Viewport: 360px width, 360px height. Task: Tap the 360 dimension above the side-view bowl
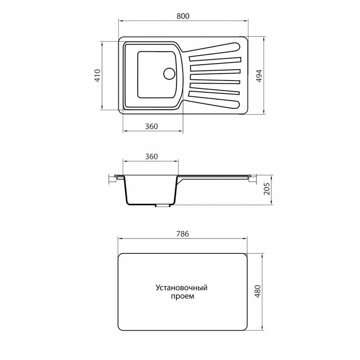point(151,157)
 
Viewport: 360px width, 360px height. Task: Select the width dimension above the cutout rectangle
point(182,234)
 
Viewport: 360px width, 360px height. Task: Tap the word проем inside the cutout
point(182,297)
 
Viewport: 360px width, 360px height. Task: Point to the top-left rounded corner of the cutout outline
point(120,259)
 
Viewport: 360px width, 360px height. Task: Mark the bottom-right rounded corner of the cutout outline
point(246,328)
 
